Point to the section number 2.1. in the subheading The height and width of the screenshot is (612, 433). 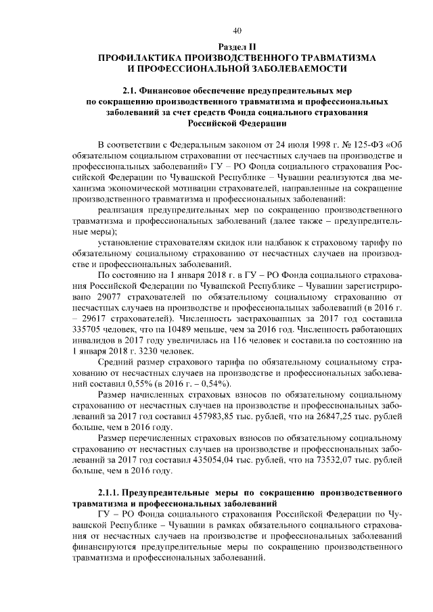point(131,90)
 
